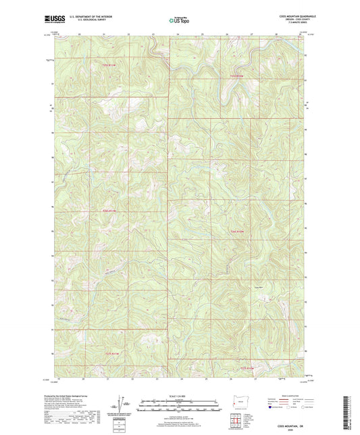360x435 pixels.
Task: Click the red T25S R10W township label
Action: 235,76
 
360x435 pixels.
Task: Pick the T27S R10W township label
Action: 248,368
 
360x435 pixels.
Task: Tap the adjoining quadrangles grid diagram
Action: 236,417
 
